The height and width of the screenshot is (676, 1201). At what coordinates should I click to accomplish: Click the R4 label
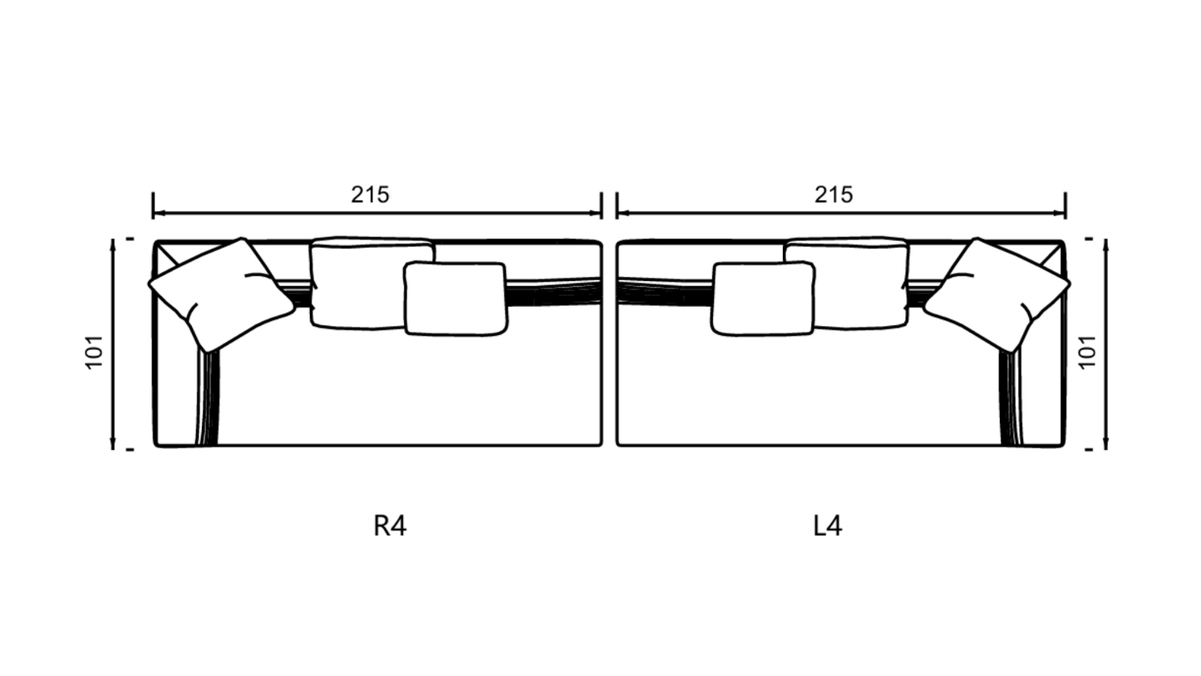point(390,526)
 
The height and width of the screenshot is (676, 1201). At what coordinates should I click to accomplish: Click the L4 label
point(828,526)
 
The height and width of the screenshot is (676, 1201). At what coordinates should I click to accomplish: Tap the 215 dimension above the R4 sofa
point(370,195)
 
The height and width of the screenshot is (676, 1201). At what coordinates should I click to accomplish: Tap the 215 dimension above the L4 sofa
point(834,195)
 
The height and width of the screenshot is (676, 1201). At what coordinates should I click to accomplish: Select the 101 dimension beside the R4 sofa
point(95,352)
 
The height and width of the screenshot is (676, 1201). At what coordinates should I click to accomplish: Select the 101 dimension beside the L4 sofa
point(1087,352)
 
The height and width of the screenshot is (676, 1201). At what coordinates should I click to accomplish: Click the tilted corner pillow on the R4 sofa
point(221,294)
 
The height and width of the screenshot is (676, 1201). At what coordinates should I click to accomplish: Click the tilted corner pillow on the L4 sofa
point(997,294)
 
